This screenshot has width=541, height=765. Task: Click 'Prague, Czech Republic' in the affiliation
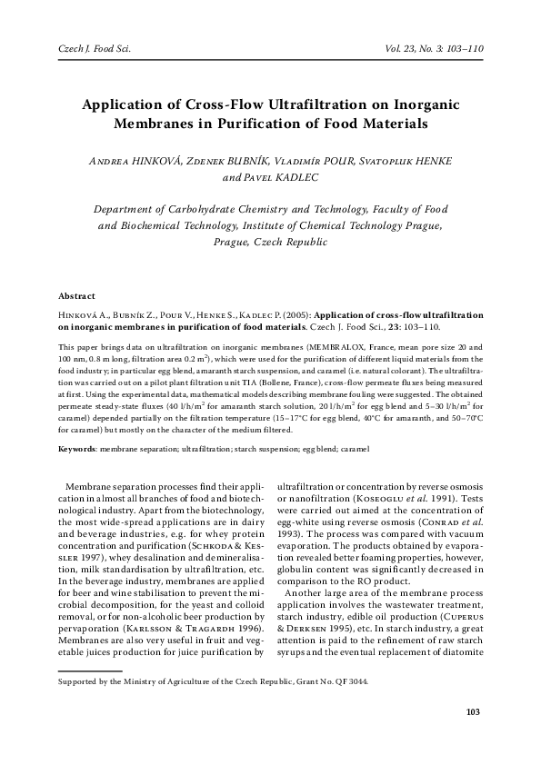(269, 243)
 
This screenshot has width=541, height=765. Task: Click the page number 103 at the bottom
(472, 736)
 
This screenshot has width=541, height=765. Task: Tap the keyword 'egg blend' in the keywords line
(319, 449)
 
